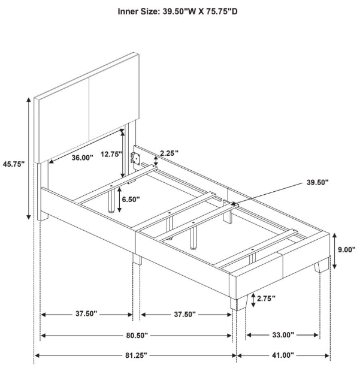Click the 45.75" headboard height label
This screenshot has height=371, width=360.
pos(14,164)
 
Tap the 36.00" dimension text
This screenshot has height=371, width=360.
pos(82,158)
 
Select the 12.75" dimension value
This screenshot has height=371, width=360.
pos(111,154)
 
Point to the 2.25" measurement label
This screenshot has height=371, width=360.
pos(169,153)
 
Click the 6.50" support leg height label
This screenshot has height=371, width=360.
pos(131,199)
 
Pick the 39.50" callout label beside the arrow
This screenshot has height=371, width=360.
pos(317,182)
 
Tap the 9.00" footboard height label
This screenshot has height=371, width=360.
pos(346,249)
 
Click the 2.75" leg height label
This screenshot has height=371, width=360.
pos(266,298)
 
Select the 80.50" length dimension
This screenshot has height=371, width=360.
pos(137,335)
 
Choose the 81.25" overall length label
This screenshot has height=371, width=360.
pos(136,355)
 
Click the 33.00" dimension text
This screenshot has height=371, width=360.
pos(283,335)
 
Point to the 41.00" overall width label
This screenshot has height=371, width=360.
pos(283,355)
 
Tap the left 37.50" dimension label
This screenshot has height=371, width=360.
pos(86,313)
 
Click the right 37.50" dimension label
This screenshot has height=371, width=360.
pos(185,314)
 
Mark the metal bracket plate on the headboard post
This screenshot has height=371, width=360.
pos(135,158)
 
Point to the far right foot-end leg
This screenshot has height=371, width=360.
pos(321,266)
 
